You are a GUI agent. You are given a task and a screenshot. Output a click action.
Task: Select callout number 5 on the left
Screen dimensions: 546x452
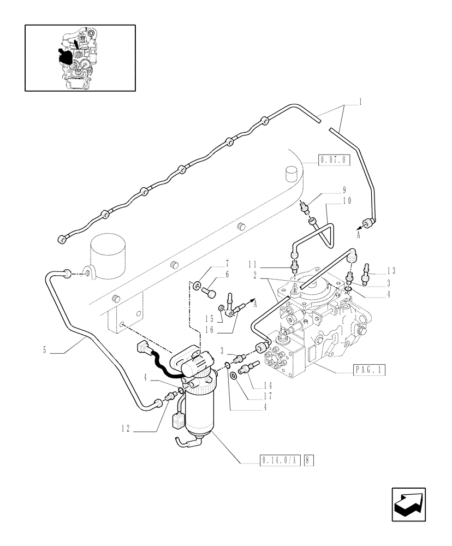click(x=44, y=350)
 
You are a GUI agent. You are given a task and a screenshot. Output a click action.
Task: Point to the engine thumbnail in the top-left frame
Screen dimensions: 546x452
click(x=80, y=57)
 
